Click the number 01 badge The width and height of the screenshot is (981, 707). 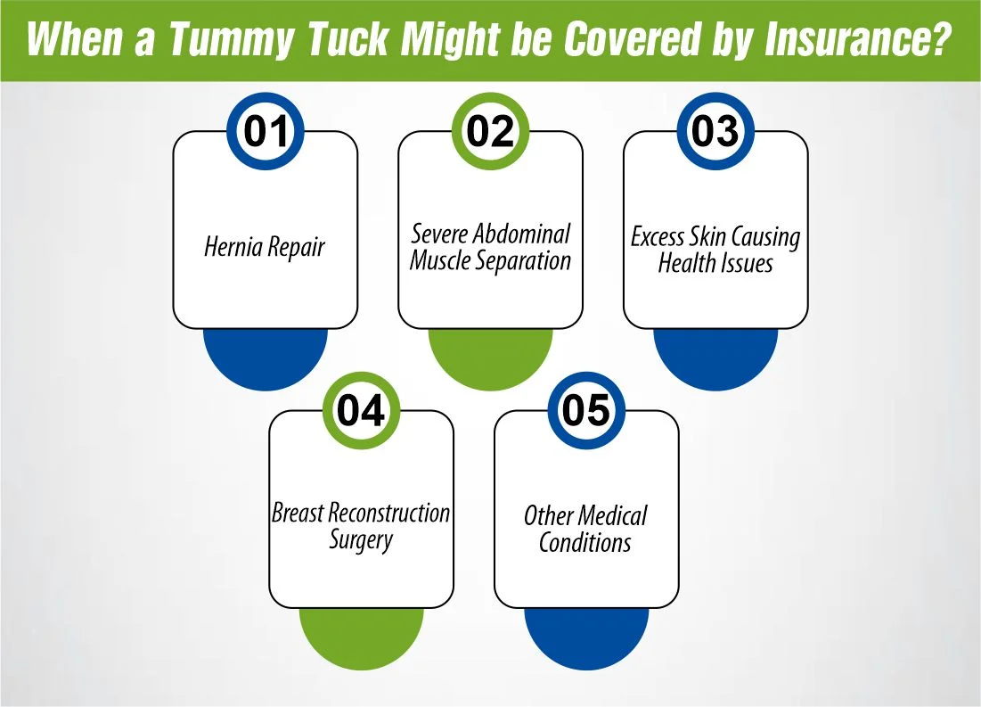tap(266, 132)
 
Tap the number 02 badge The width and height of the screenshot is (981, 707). tap(491, 132)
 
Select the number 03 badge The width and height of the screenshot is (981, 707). tap(715, 132)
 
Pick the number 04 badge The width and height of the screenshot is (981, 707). tap(361, 411)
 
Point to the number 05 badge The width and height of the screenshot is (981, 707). tap(586, 411)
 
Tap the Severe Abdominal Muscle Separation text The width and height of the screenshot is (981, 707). tap(490, 248)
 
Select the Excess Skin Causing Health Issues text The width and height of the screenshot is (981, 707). tap(715, 251)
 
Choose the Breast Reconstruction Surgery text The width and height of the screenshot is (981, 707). tap(361, 526)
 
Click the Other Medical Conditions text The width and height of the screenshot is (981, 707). tap(585, 528)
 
